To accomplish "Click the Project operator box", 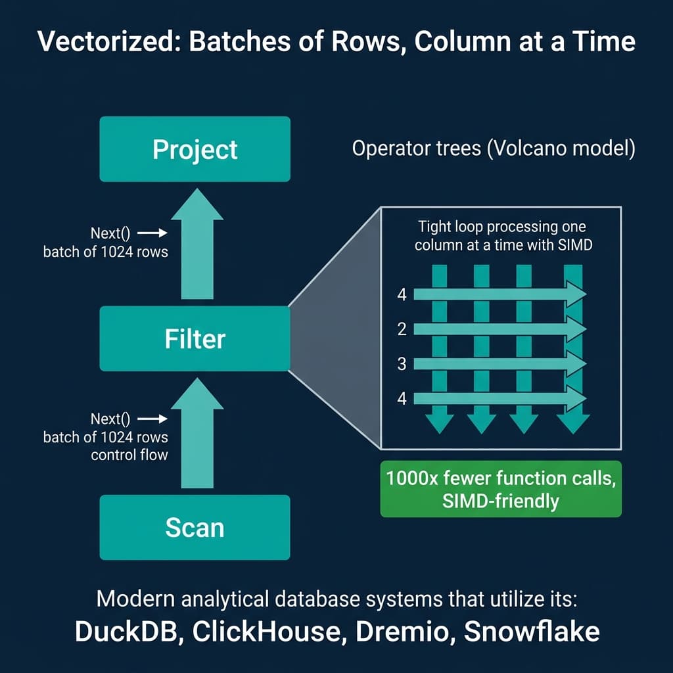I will point(195,149).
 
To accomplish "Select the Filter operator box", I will point(195,338).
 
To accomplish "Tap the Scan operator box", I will point(195,527).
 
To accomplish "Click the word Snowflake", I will point(532,631).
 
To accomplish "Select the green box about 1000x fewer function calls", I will point(501,490).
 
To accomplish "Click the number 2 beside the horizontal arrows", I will point(402,329).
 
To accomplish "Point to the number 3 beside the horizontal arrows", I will point(402,363).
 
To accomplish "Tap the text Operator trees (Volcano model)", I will point(494,149).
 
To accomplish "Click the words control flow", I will point(130,454).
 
